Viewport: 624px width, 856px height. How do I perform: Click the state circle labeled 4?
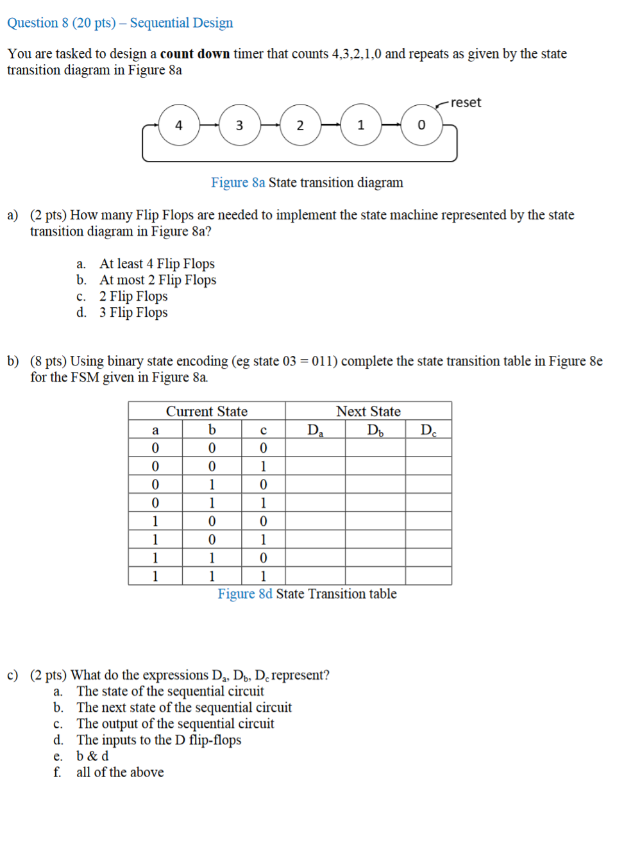[179, 125]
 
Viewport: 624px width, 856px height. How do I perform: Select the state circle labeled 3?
[240, 125]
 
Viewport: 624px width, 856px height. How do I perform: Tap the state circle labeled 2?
[300, 125]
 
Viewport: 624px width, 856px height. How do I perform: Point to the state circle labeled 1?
[361, 125]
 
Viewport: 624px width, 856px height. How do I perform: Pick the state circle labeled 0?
[421, 125]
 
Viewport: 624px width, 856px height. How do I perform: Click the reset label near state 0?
[466, 103]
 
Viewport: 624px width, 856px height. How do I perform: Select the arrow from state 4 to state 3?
[209, 125]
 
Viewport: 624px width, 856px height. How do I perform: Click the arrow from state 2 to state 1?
[330, 125]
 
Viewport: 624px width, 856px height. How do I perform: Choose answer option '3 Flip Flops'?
[133, 312]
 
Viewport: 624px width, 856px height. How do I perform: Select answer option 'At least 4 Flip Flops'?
[156, 264]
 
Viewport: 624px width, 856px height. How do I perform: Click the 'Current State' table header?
[207, 411]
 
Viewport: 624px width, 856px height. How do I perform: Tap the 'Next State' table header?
[368, 411]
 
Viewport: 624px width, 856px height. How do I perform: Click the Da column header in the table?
[315, 430]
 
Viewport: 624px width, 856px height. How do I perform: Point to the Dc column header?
[428, 430]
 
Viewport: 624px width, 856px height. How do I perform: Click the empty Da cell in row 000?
[315, 448]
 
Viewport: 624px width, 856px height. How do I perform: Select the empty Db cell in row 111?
[375, 576]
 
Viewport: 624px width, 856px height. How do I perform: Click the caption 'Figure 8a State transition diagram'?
[307, 183]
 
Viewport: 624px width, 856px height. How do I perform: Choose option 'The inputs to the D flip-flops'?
[158, 740]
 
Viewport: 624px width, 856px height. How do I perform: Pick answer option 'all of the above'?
[120, 772]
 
